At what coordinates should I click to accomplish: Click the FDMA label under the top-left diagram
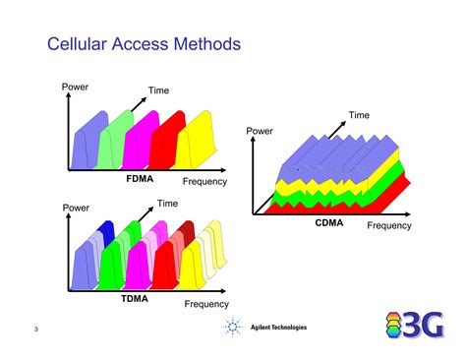coord(140,178)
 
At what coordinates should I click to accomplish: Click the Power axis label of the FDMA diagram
coord(76,87)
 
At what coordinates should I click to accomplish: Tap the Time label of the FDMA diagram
coord(159,90)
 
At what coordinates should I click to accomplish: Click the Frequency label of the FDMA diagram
coord(204,181)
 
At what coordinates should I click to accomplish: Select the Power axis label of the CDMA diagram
coord(260,130)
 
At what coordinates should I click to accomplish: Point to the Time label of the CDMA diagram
coord(359,115)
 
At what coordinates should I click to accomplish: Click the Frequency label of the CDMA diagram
coord(389,226)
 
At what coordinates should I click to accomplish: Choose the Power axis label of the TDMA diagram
coord(76,208)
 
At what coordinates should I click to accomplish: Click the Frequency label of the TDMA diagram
coord(206,304)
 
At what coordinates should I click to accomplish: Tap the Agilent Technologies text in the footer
coord(278,328)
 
